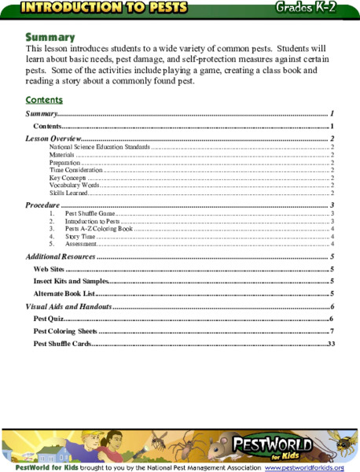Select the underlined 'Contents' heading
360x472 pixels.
click(x=44, y=100)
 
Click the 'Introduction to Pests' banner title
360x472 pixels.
click(x=105, y=8)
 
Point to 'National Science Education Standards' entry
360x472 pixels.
click(x=99, y=147)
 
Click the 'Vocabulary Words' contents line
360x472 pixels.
click(x=74, y=185)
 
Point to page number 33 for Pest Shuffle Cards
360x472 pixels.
click(x=331, y=344)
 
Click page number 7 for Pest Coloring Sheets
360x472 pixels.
click(x=332, y=331)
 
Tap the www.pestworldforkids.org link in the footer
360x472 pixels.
click(x=304, y=467)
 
